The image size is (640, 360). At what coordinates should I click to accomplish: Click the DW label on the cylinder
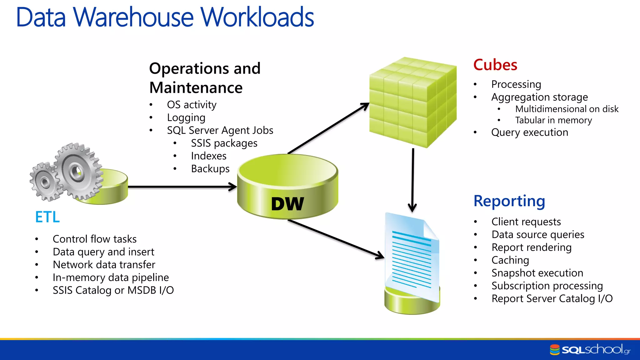point(287,204)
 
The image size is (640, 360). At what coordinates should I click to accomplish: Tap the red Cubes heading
point(495,65)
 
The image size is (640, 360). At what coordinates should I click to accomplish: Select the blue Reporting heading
point(509,201)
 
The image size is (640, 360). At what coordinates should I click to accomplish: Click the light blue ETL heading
point(47,217)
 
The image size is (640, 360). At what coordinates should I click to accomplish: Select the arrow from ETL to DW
point(181,187)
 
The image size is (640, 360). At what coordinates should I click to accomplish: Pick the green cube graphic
point(412,102)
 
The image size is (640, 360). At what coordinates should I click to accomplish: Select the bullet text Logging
point(186,117)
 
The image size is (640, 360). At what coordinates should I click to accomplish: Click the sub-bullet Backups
point(210,169)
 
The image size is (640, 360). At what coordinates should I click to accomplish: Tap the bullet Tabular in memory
point(553,120)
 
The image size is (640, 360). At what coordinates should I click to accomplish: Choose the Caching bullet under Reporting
point(510,260)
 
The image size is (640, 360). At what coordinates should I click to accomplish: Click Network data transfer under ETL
point(104,265)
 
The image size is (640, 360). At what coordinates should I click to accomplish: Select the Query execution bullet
point(529,132)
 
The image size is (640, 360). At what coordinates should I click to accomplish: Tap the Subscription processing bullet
point(547,286)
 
